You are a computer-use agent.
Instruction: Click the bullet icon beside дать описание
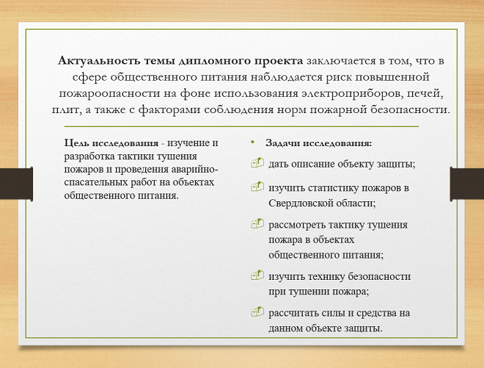click(257, 163)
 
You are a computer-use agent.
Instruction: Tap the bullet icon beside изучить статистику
click(257, 187)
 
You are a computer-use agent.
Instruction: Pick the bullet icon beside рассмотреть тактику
click(257, 223)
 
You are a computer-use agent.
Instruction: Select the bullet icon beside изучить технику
click(257, 275)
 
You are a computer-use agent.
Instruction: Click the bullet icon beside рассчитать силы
click(257, 311)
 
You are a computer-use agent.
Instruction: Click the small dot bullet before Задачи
click(251, 142)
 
